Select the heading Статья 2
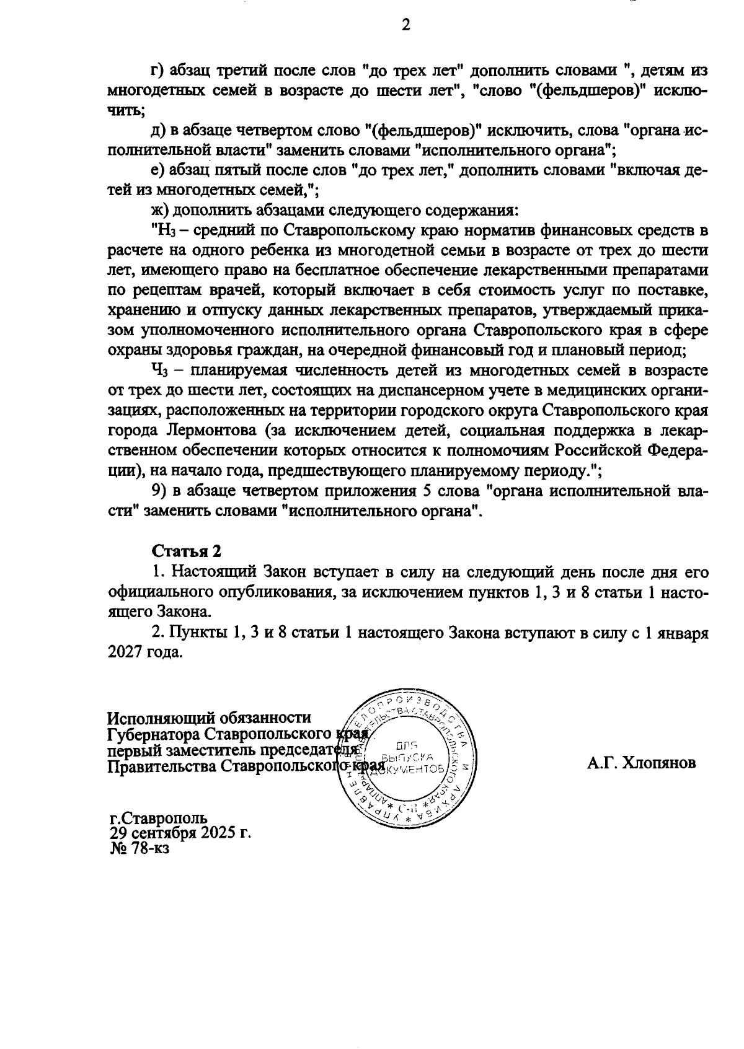pyautogui.click(x=187, y=551)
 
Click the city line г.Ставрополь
pyautogui.click(x=156, y=817)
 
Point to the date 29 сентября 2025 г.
pyautogui.click(x=180, y=832)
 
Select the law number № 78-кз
pyautogui.click(x=139, y=848)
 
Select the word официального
pyautogui.click(x=164, y=592)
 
